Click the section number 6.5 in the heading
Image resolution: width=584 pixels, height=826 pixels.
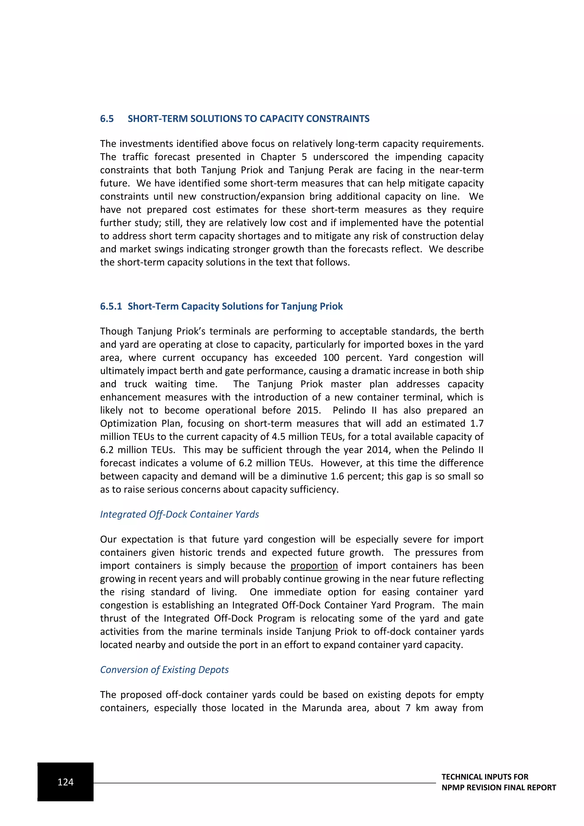tap(107, 119)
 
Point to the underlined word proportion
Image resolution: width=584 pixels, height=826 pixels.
tap(314, 566)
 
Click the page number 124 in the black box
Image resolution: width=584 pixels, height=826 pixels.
tap(66, 782)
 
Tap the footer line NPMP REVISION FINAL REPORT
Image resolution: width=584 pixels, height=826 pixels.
tap(498, 787)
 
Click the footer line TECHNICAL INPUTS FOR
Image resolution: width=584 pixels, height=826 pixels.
tap(485, 777)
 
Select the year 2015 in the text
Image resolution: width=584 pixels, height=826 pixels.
tap(309, 410)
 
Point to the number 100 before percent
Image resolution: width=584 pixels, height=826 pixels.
tap(331, 358)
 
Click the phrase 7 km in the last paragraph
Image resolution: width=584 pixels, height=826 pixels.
tap(417, 708)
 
